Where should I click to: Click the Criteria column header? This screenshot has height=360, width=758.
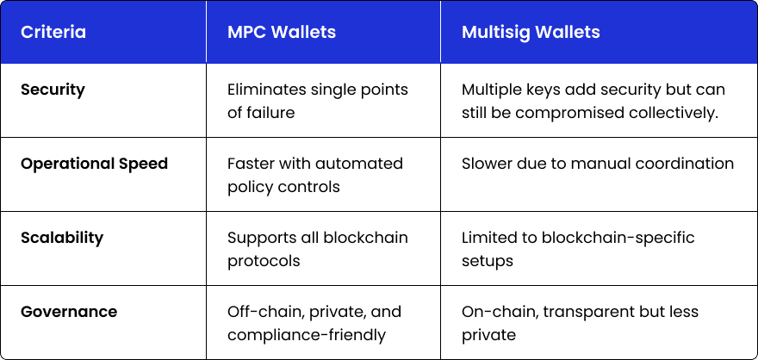click(x=53, y=32)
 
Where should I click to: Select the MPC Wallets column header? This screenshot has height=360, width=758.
click(x=282, y=32)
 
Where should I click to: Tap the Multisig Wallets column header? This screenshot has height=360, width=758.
click(x=531, y=33)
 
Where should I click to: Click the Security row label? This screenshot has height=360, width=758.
click(x=53, y=90)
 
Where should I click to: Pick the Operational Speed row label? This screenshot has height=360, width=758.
click(x=94, y=164)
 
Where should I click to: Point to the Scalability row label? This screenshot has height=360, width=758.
click(x=62, y=238)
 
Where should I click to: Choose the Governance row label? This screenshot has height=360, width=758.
click(x=69, y=311)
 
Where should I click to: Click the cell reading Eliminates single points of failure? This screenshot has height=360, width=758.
click(x=318, y=101)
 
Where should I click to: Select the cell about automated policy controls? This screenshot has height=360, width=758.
click(x=315, y=175)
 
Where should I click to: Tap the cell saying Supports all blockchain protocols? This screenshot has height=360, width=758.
click(x=318, y=249)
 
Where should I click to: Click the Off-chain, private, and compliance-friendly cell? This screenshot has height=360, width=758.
click(x=314, y=323)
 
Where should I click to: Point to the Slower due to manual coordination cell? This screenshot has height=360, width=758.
click(x=598, y=164)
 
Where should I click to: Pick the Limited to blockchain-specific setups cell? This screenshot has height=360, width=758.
click(x=578, y=249)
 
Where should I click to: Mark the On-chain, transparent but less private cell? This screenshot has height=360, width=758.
click(x=580, y=323)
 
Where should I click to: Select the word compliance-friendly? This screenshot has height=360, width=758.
click(x=307, y=335)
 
